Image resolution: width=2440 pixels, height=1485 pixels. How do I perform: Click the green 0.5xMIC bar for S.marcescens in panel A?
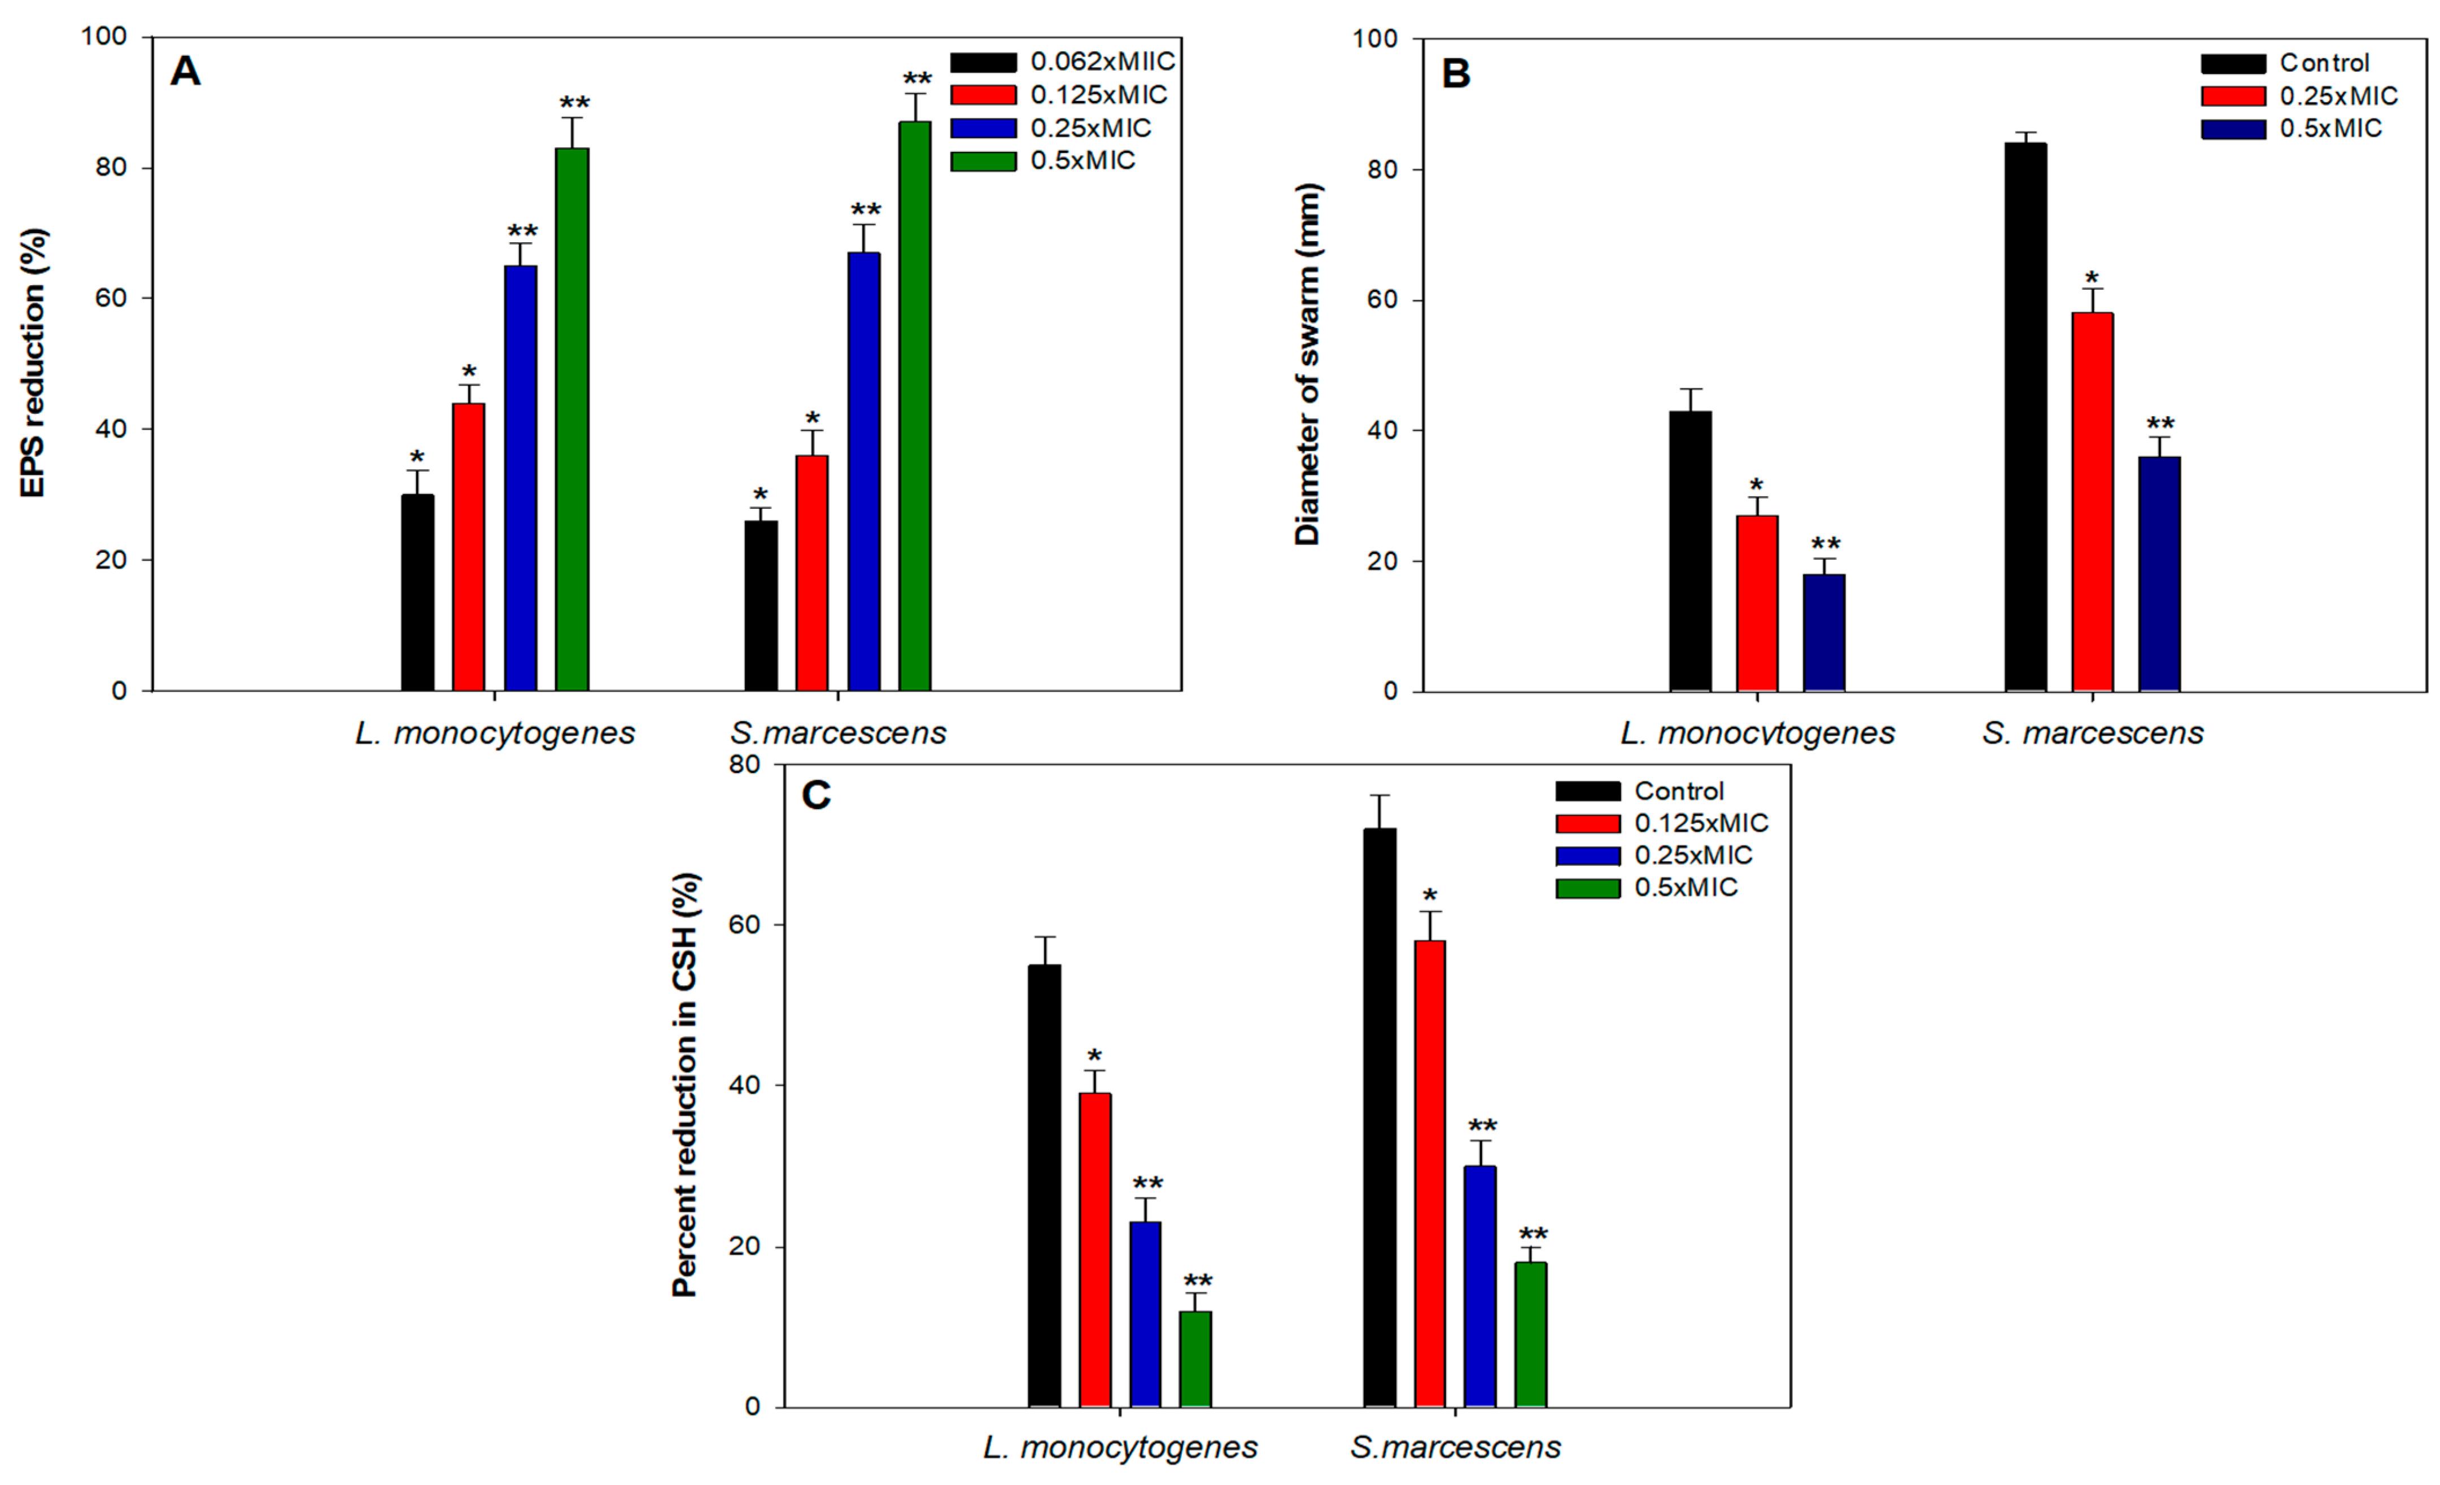tap(914, 406)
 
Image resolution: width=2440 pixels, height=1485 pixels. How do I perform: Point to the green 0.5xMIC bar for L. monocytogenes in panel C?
tap(1195, 1359)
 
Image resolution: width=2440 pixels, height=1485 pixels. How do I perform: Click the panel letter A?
tap(185, 72)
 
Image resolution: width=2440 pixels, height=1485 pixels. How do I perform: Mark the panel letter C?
tap(816, 795)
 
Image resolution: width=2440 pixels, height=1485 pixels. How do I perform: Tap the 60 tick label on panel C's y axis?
tap(745, 925)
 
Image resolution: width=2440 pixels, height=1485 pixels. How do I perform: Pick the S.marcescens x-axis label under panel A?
tap(838, 733)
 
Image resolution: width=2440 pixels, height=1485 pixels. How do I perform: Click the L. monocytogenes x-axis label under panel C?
tap(1120, 1447)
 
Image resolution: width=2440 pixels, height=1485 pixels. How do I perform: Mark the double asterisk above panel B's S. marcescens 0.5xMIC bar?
tap(2160, 423)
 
